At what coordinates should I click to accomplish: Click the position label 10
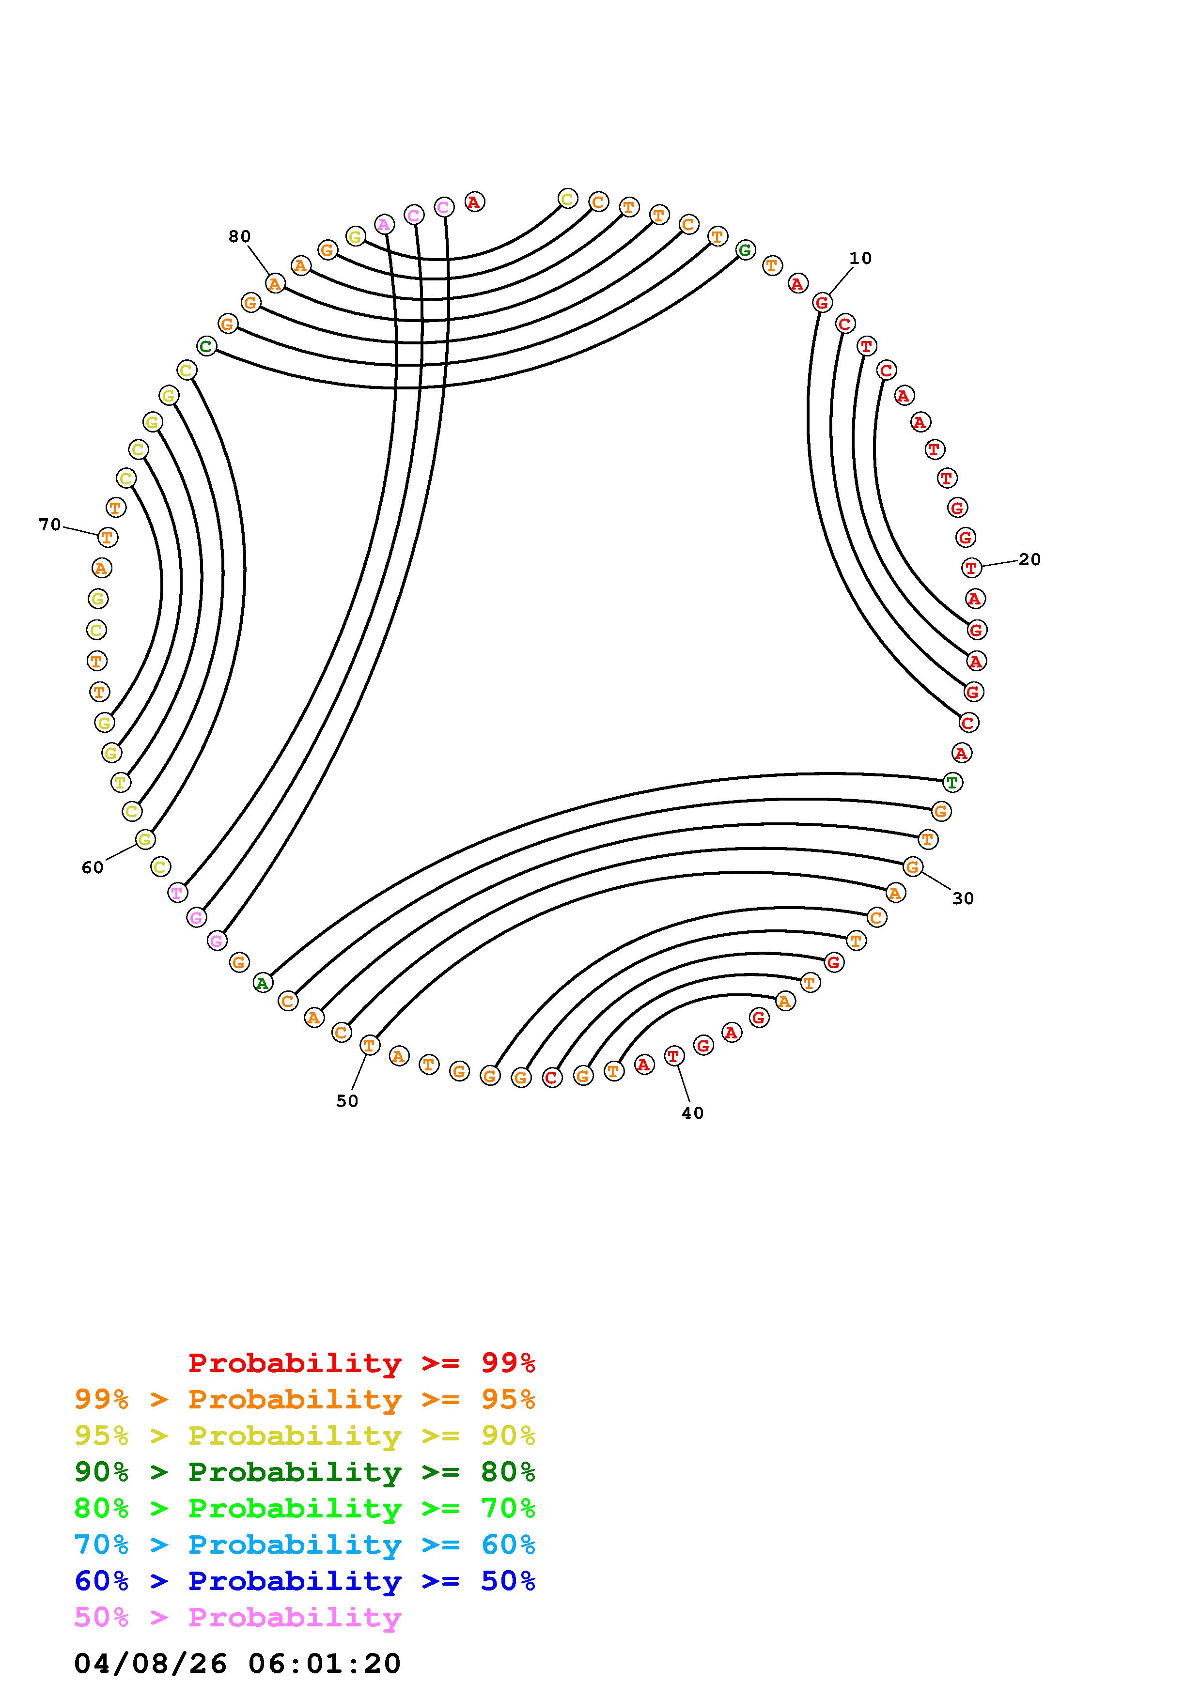click(860, 258)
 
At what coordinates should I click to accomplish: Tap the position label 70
click(49, 525)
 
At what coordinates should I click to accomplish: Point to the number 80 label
click(239, 237)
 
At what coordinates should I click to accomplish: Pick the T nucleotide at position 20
click(971, 568)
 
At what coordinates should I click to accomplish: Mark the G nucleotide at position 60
click(145, 839)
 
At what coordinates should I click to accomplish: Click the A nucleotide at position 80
click(275, 283)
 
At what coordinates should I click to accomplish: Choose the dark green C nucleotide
click(206, 346)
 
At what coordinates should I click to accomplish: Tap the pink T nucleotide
click(177, 893)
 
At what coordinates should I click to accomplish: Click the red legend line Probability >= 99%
click(361, 1363)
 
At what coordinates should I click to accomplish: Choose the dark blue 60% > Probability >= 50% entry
click(304, 1581)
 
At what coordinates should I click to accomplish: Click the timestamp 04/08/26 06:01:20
click(237, 1663)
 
